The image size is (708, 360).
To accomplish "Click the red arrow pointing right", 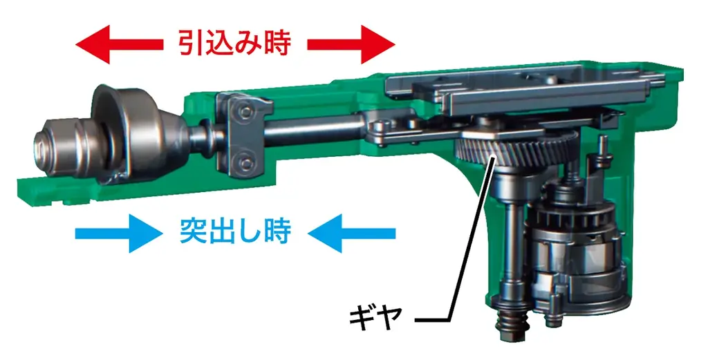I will click(x=351, y=44).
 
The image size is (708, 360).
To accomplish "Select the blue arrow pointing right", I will click(x=113, y=231).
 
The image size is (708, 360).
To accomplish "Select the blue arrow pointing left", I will click(x=352, y=231).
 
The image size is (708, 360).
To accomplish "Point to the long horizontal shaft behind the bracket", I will click(x=311, y=133).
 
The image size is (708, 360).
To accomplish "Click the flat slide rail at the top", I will click(x=525, y=90).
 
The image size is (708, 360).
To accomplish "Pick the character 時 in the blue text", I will click(x=275, y=231).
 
